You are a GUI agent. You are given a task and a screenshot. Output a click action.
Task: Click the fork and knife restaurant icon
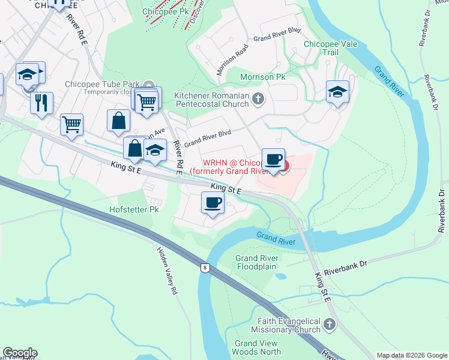point(41,102)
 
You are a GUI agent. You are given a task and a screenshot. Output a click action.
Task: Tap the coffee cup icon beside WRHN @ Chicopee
point(273,160)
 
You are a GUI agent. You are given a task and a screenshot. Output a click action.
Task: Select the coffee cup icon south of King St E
point(212,203)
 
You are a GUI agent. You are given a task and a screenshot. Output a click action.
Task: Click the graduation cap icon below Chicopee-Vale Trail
point(337,92)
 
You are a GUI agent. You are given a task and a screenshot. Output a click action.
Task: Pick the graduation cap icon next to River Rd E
point(155,150)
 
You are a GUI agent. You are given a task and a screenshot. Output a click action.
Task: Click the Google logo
point(20,353)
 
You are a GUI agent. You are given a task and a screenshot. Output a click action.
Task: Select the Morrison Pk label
point(262,77)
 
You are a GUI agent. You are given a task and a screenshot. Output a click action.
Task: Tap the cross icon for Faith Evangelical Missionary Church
point(329,325)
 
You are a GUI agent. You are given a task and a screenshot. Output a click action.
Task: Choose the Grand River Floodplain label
point(256,262)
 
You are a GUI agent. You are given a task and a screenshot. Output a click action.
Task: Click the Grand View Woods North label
point(258,347)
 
